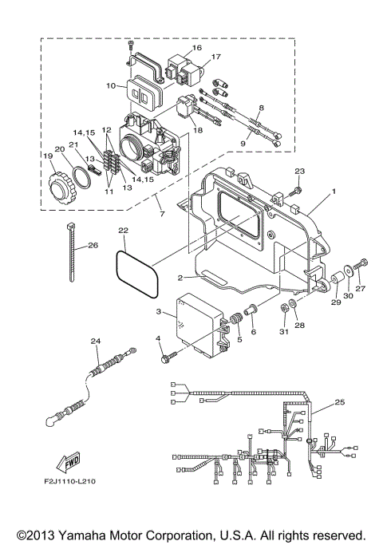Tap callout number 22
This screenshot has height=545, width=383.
coord(122,231)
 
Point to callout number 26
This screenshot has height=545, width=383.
coord(93,245)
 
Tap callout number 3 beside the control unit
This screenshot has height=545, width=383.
coord(159,311)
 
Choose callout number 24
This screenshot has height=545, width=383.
coord(96,342)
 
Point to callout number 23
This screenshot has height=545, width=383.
coord(300,172)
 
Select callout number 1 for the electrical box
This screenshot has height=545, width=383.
coord(334,192)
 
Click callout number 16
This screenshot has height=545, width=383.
coord(197,47)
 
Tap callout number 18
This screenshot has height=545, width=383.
coord(198,129)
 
